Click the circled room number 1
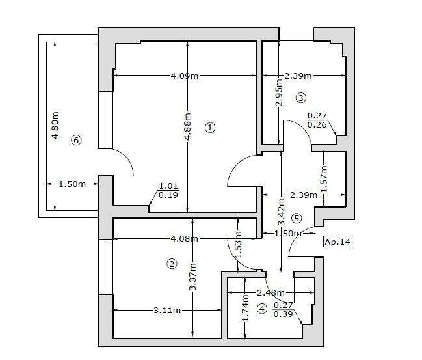pyautogui.click(x=210, y=127)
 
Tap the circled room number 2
pyautogui.click(x=172, y=264)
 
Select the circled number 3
pyautogui.click(x=300, y=98)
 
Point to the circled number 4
pyautogui.click(x=262, y=309)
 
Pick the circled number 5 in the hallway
pyautogui.click(x=297, y=218)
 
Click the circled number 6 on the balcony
pyautogui.click(x=76, y=140)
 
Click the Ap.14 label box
pyautogui.click(x=337, y=242)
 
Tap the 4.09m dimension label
pyautogui.click(x=185, y=76)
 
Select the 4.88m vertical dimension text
pyautogui.click(x=187, y=126)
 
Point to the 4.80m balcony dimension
pyautogui.click(x=55, y=125)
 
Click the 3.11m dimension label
pyautogui.click(x=167, y=310)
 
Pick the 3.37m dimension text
pyautogui.click(x=192, y=277)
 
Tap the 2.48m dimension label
pyautogui.click(x=270, y=292)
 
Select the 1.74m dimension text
pyautogui.click(x=245, y=308)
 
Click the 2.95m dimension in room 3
pyautogui.click(x=280, y=92)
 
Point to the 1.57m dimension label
pyautogui.click(x=324, y=178)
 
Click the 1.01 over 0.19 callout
pyautogui.click(x=168, y=190)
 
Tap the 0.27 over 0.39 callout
pyautogui.click(x=283, y=310)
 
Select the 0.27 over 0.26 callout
pyautogui.click(x=317, y=120)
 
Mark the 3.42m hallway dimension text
pyautogui.click(x=282, y=212)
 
